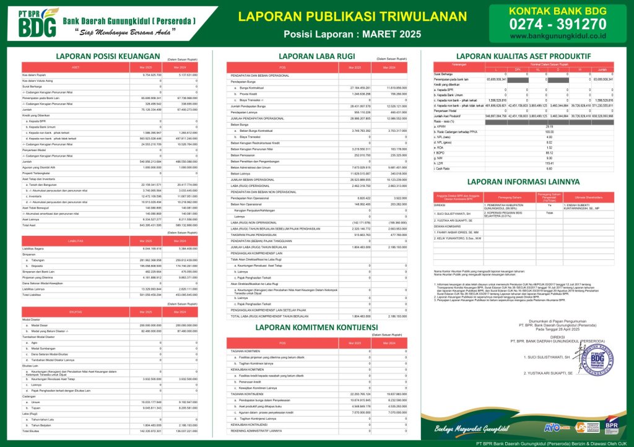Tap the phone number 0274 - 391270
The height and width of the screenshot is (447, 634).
pyautogui.click(x=557, y=24)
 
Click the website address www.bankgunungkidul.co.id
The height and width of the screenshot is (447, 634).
pyautogui.click(x=557, y=36)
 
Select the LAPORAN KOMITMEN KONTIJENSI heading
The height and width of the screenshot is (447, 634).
pyautogui.click(x=316, y=326)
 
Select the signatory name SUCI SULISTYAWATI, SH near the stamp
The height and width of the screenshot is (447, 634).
pyautogui.click(x=546, y=358)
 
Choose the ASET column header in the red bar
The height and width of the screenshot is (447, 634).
pyautogui.click(x=76, y=67)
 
